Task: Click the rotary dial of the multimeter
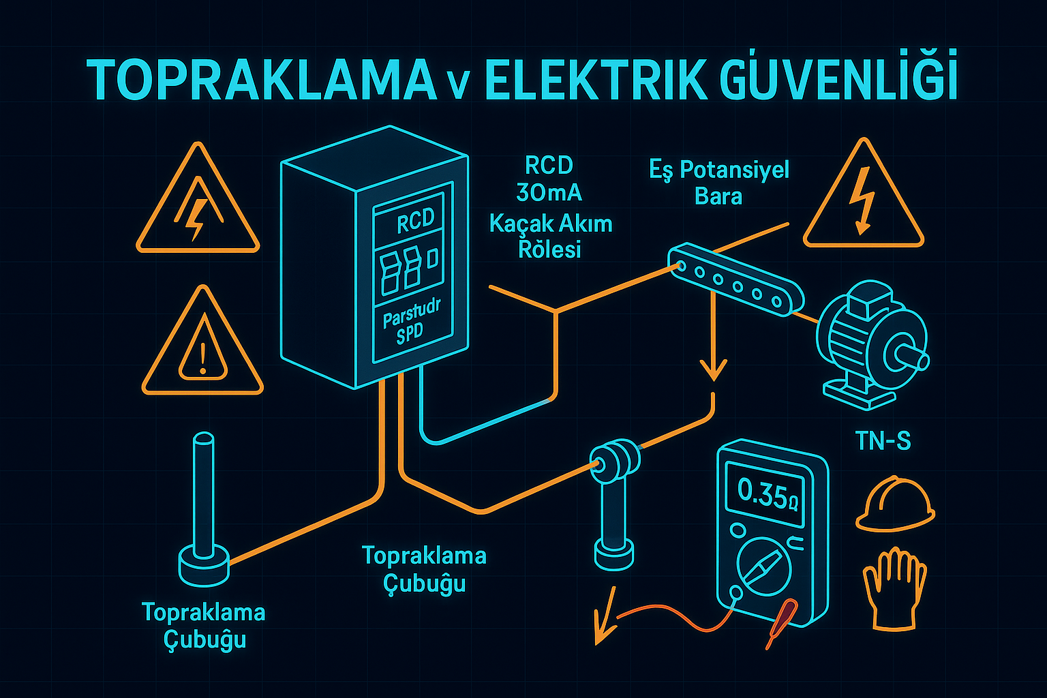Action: [x=764, y=566]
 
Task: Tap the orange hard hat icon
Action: [x=894, y=504]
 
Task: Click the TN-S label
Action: [x=883, y=442]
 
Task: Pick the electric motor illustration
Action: [x=872, y=344]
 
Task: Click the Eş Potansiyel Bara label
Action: [x=718, y=183]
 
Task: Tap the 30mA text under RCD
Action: [x=549, y=194]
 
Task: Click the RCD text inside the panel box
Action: [x=415, y=221]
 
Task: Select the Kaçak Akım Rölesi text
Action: [x=550, y=236]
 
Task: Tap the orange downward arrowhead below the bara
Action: [x=714, y=371]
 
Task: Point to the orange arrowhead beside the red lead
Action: [x=602, y=624]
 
